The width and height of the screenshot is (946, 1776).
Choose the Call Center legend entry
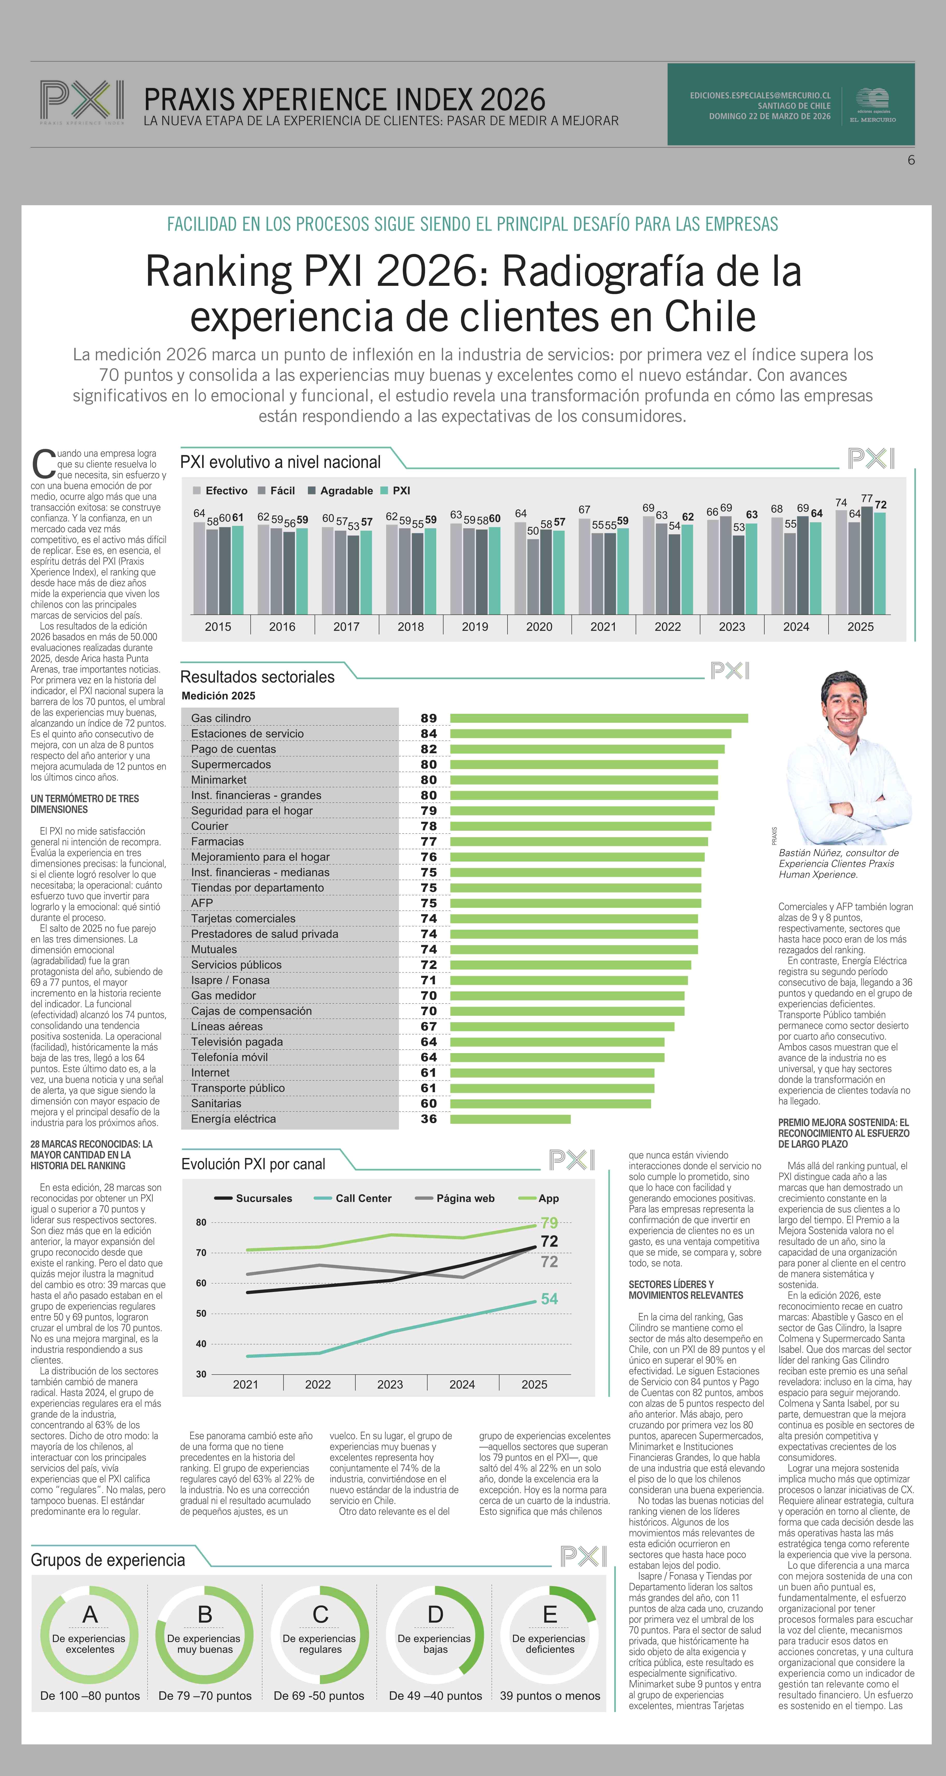pos(363,1198)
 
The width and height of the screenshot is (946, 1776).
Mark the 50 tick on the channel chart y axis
pos(201,1313)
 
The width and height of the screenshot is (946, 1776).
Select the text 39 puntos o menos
pos(549,1695)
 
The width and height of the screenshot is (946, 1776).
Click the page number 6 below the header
pos(911,160)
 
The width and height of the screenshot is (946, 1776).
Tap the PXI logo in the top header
pos(82,101)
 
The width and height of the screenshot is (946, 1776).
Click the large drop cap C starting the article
pos(44,464)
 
